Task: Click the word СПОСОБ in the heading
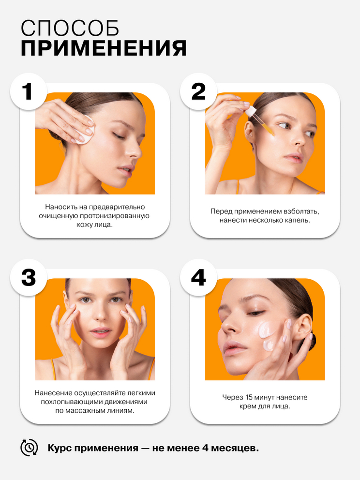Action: pos(70,29)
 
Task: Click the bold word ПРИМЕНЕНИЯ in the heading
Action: pos(104,48)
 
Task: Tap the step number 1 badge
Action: pos(28,91)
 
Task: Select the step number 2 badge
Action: pos(198,91)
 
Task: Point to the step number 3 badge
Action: pos(28,278)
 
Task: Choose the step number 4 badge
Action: pos(198,278)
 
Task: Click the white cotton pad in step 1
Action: pos(86,130)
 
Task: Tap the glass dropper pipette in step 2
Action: pos(260,120)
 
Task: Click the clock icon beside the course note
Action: pos(29,448)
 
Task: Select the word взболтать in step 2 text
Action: pos(301,211)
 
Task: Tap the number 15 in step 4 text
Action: pos(249,397)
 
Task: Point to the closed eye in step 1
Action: pos(119,135)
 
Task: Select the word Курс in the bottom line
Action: pos(60,448)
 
